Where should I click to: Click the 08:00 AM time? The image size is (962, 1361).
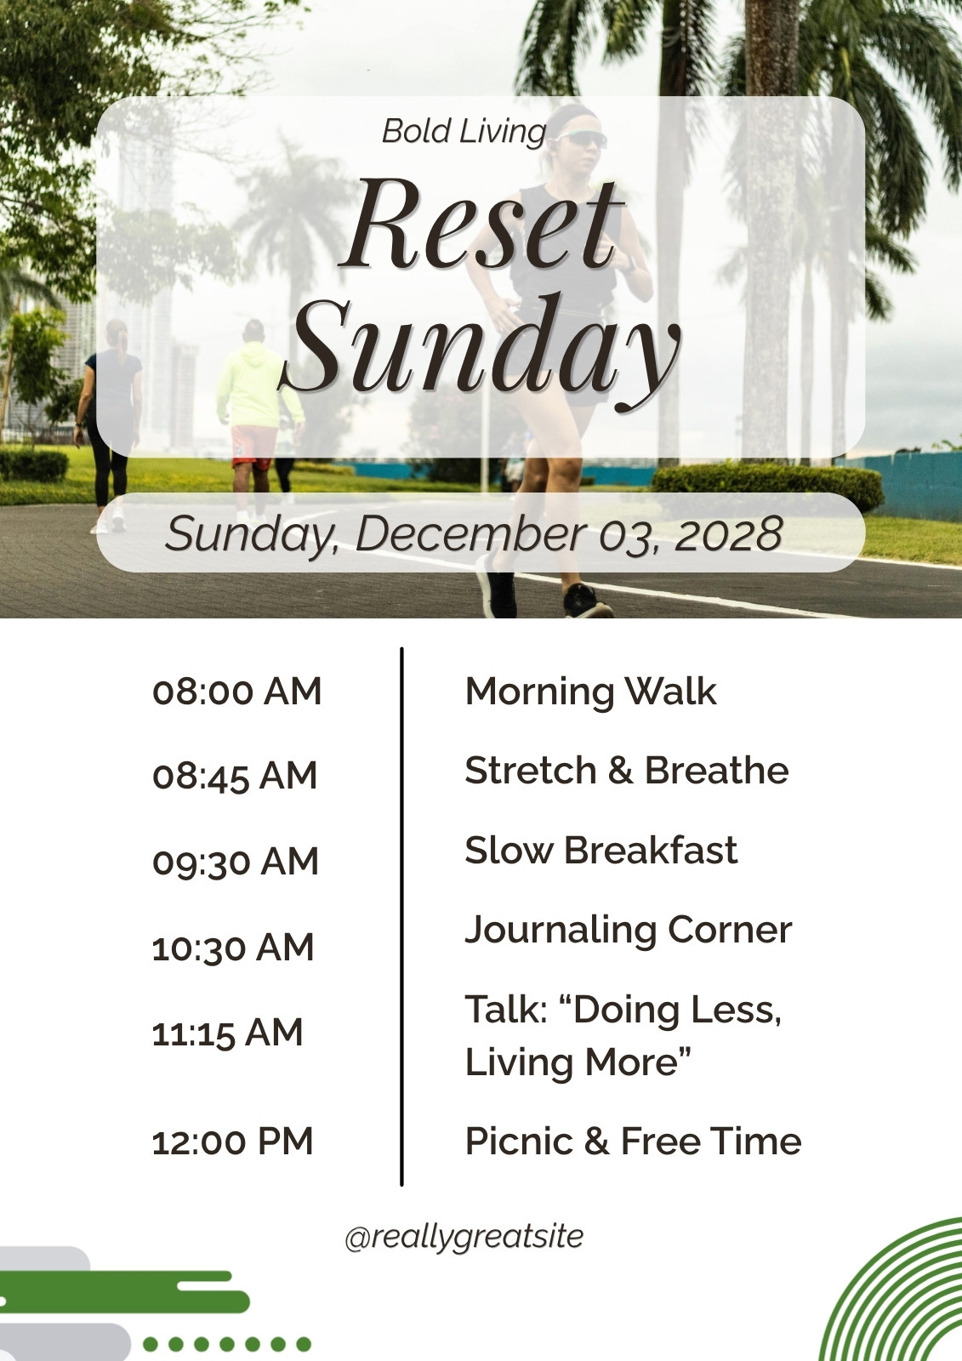click(236, 692)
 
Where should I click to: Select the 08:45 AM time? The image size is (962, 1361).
click(235, 776)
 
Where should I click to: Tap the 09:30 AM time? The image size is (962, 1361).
click(235, 862)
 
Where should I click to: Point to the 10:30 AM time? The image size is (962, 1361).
click(233, 948)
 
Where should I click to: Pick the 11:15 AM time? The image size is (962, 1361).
click(227, 1033)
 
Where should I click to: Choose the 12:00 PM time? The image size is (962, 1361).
click(233, 1141)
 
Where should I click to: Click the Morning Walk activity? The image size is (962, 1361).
click(590, 692)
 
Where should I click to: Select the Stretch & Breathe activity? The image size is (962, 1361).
click(627, 771)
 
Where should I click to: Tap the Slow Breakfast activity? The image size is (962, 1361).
click(601, 850)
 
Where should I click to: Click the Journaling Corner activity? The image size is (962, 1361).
click(629, 931)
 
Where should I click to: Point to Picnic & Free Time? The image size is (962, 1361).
click(633, 1141)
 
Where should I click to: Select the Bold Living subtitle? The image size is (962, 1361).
click(464, 131)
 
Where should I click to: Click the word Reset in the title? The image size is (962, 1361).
click(481, 224)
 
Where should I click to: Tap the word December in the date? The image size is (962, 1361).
click(470, 533)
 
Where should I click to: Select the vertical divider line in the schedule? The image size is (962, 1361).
click(401, 917)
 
